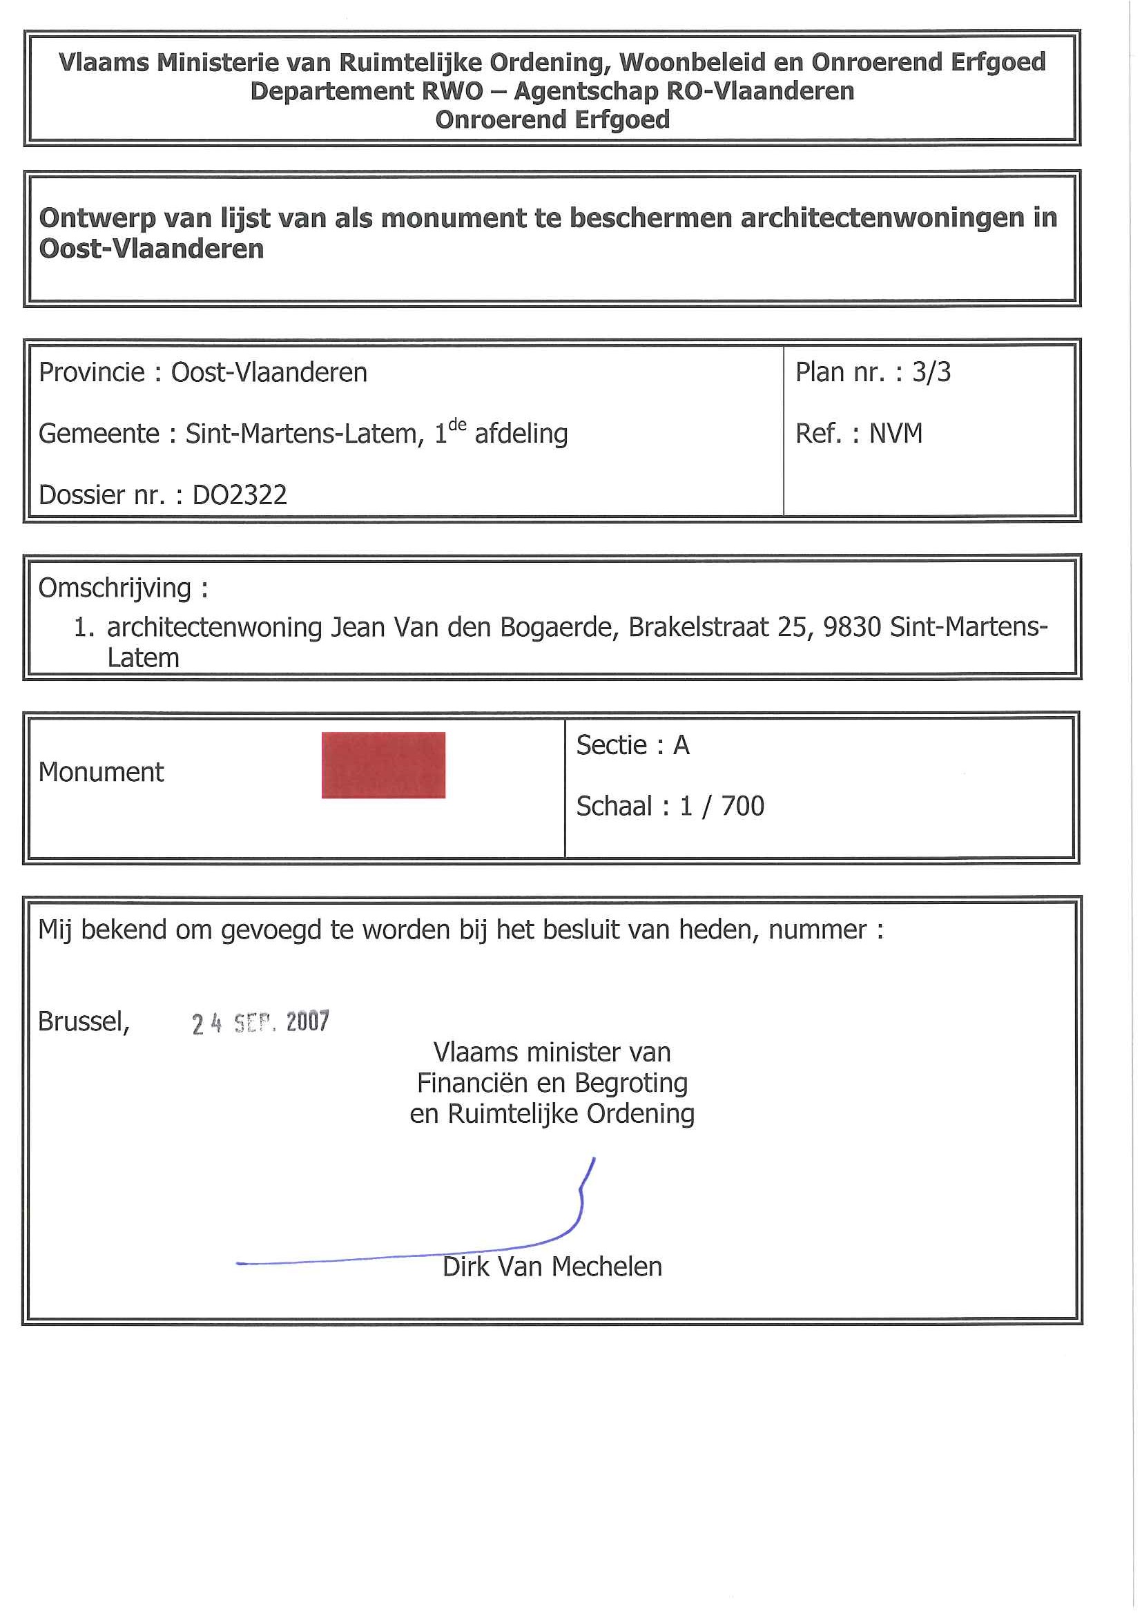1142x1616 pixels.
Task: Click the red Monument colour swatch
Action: [383, 765]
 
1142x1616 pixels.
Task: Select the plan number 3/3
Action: [931, 372]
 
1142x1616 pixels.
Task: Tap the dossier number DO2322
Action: [240, 495]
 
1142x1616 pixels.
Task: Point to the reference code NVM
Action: [896, 434]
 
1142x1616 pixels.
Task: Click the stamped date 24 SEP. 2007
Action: [260, 1022]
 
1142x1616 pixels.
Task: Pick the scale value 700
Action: [742, 807]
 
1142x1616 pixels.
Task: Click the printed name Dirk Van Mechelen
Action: [552, 1267]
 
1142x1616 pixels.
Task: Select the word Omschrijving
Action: [115, 588]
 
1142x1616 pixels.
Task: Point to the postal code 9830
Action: [851, 627]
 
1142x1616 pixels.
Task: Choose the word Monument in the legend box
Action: [101, 773]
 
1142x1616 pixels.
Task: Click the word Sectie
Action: [612, 745]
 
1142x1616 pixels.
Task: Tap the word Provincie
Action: [91, 372]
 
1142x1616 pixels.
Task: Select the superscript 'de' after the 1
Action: [457, 425]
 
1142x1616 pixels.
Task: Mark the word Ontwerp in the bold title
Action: [97, 219]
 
